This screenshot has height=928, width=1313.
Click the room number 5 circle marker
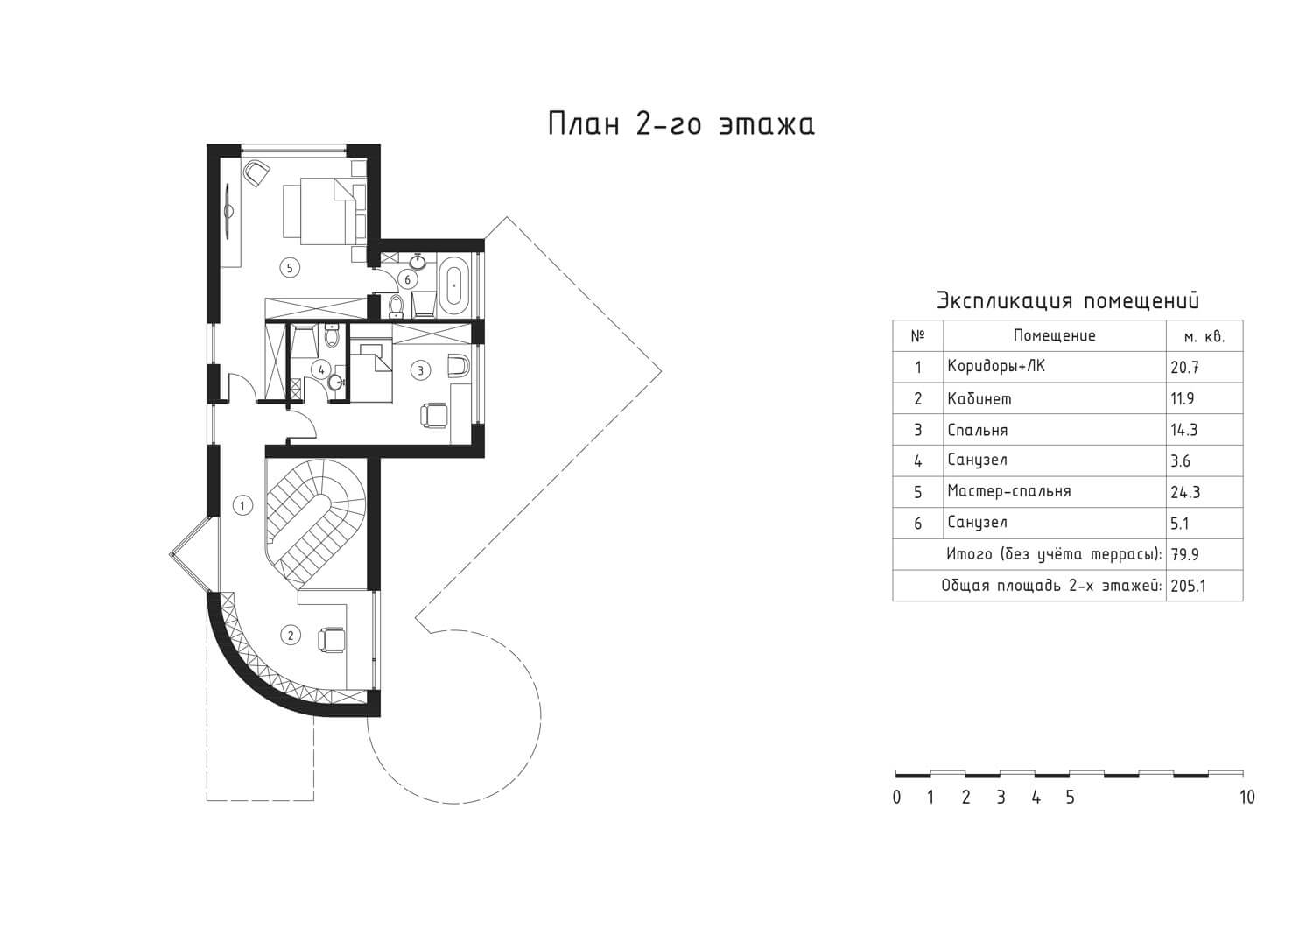point(290,268)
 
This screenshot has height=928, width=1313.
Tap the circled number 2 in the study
point(291,635)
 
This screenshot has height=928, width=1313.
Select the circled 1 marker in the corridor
point(242,505)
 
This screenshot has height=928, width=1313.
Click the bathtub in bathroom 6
point(454,285)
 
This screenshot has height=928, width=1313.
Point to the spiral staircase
point(315,521)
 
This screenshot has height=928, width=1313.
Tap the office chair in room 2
point(331,639)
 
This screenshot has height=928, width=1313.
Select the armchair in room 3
point(434,414)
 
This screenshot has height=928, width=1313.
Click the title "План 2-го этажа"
point(681,124)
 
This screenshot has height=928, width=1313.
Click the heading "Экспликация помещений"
point(1067,300)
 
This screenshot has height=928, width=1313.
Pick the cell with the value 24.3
point(1185,492)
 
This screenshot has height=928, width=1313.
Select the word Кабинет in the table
point(979,399)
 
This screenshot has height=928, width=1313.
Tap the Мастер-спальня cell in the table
point(1008,491)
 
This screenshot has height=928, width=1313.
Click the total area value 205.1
point(1188,586)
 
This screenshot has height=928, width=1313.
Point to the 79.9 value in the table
point(1184,554)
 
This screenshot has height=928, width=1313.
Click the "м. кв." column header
point(1204,336)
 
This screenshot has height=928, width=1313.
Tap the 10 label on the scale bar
point(1247,798)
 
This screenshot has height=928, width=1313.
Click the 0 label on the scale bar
point(896,798)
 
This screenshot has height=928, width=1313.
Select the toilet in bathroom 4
point(332,336)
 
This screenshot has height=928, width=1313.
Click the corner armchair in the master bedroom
point(256,173)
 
